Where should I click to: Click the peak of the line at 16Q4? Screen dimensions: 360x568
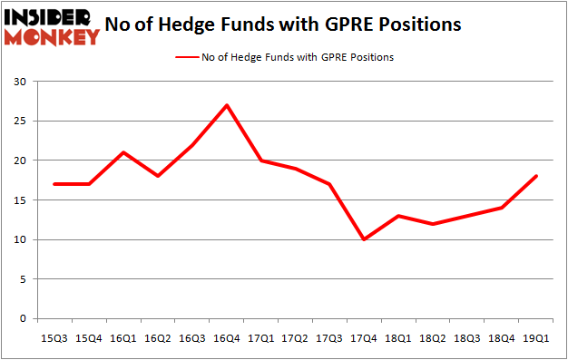coord(227,105)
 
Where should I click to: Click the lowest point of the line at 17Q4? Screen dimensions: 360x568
coord(365,239)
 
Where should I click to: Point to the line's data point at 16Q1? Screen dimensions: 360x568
coord(123,152)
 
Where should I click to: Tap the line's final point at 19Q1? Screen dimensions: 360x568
coord(537,176)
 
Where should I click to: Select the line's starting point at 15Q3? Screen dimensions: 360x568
coord(54,184)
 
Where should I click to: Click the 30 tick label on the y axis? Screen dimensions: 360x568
coord(19,82)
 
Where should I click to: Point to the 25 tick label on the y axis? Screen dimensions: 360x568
coord(19,122)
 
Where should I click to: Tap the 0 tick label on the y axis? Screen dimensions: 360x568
coord(23,319)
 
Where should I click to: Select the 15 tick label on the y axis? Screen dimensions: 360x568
coord(19,200)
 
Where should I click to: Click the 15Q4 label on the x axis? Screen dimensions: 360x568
coord(89,337)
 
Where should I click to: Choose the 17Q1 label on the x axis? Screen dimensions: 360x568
coord(261,337)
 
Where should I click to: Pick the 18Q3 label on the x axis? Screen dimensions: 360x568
coord(468,337)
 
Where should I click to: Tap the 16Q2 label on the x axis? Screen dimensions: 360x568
coord(158,337)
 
